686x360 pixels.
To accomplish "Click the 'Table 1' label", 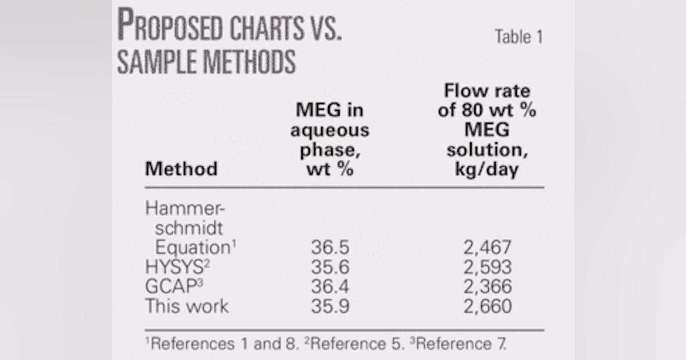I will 519,38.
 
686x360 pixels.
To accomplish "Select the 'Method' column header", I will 181,169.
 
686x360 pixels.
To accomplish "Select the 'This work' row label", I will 186,306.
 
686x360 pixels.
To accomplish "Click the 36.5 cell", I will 330,248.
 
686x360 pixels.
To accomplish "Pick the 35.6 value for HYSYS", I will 330,267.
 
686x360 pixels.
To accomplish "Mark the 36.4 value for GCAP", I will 330,287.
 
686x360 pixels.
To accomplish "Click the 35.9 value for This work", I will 330,306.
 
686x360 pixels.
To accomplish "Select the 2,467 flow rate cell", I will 488,248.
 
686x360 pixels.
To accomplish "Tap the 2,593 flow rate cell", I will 488,267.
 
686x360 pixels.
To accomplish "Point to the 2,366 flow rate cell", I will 488,287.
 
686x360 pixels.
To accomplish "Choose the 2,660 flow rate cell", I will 488,306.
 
